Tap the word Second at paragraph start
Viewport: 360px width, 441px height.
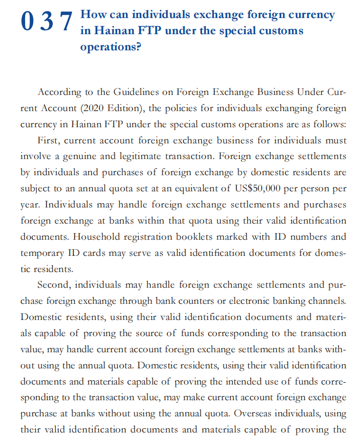(x=54, y=285)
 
